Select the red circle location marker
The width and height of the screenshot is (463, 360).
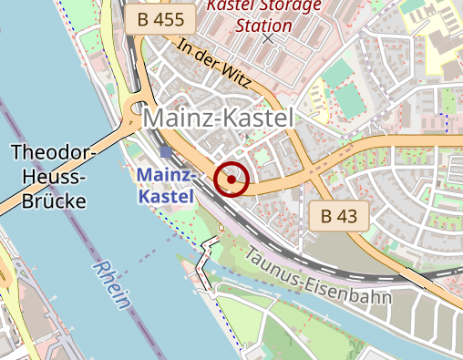232,180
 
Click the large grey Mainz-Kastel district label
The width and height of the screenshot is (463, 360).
220,118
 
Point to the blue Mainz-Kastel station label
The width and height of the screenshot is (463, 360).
165,185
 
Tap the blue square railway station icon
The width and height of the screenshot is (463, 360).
164,152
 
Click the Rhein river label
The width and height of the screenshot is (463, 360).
112,283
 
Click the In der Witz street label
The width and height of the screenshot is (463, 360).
213,62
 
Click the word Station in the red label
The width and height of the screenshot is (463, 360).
264,25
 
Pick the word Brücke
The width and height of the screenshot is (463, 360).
56,201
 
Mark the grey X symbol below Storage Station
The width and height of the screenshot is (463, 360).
268,40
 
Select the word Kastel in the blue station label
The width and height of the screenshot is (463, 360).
165,196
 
